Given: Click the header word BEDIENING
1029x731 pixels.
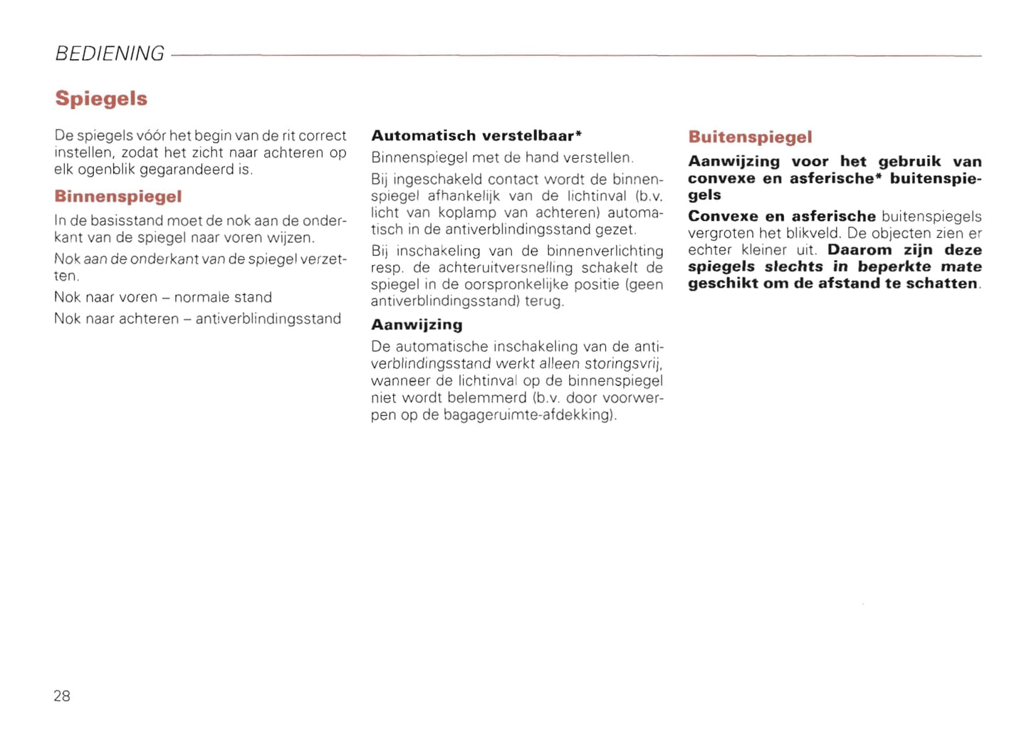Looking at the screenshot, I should tap(110, 54).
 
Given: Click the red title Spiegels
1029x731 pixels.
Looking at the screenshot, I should tap(101, 98).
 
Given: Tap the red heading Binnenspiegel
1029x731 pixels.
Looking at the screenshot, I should tap(118, 197).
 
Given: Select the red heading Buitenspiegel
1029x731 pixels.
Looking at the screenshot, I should tap(750, 137).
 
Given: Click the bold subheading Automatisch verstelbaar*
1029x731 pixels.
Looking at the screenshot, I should tap(476, 135).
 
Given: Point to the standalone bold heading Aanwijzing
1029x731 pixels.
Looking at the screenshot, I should tap(417, 325).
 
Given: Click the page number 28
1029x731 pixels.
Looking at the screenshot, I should tap(62, 696).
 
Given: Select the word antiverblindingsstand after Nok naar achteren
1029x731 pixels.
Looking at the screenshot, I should tap(268, 318).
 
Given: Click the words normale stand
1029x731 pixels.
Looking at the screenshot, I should tap(223, 297).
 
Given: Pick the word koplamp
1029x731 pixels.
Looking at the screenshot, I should tap(467, 213).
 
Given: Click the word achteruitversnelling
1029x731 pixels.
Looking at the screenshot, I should tap(506, 268).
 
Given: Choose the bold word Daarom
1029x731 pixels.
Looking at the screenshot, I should tap(860, 250).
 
